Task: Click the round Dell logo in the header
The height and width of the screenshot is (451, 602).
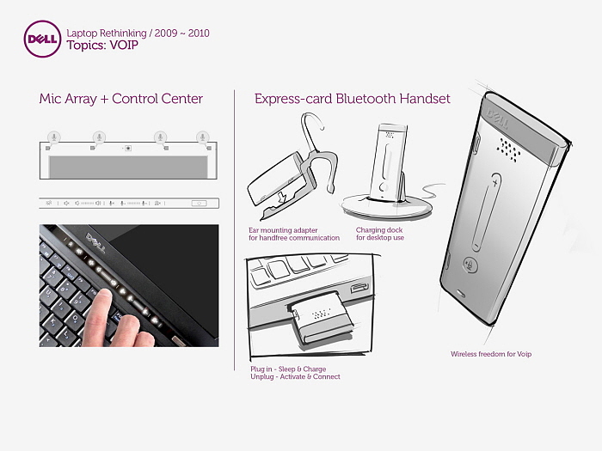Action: click(42, 40)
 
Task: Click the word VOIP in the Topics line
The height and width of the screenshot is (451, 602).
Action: click(124, 46)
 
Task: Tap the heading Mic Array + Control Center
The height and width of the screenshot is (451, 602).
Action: click(121, 99)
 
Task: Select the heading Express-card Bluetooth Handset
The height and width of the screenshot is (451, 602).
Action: click(352, 99)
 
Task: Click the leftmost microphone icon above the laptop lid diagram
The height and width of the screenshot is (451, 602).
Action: click(54, 137)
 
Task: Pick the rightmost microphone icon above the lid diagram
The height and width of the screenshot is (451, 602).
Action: click(203, 137)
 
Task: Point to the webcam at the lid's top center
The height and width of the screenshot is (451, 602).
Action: click(128, 148)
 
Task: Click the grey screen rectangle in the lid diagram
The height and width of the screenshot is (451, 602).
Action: click(128, 167)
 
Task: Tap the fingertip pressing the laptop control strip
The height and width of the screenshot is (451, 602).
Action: click(103, 296)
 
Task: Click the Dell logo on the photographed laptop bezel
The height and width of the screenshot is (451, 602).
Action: click(95, 243)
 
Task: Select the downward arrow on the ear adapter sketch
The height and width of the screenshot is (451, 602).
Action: click(282, 198)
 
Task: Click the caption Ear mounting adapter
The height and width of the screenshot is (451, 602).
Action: click(283, 230)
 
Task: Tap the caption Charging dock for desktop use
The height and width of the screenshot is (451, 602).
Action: click(380, 234)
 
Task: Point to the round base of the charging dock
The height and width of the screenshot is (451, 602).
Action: click(387, 207)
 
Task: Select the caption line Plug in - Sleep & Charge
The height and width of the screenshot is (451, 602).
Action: click(288, 369)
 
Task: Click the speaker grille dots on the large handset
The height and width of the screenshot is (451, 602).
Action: click(508, 149)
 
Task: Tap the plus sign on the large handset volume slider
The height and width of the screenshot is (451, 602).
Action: click(495, 182)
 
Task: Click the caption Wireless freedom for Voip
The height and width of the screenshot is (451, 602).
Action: click(491, 354)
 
